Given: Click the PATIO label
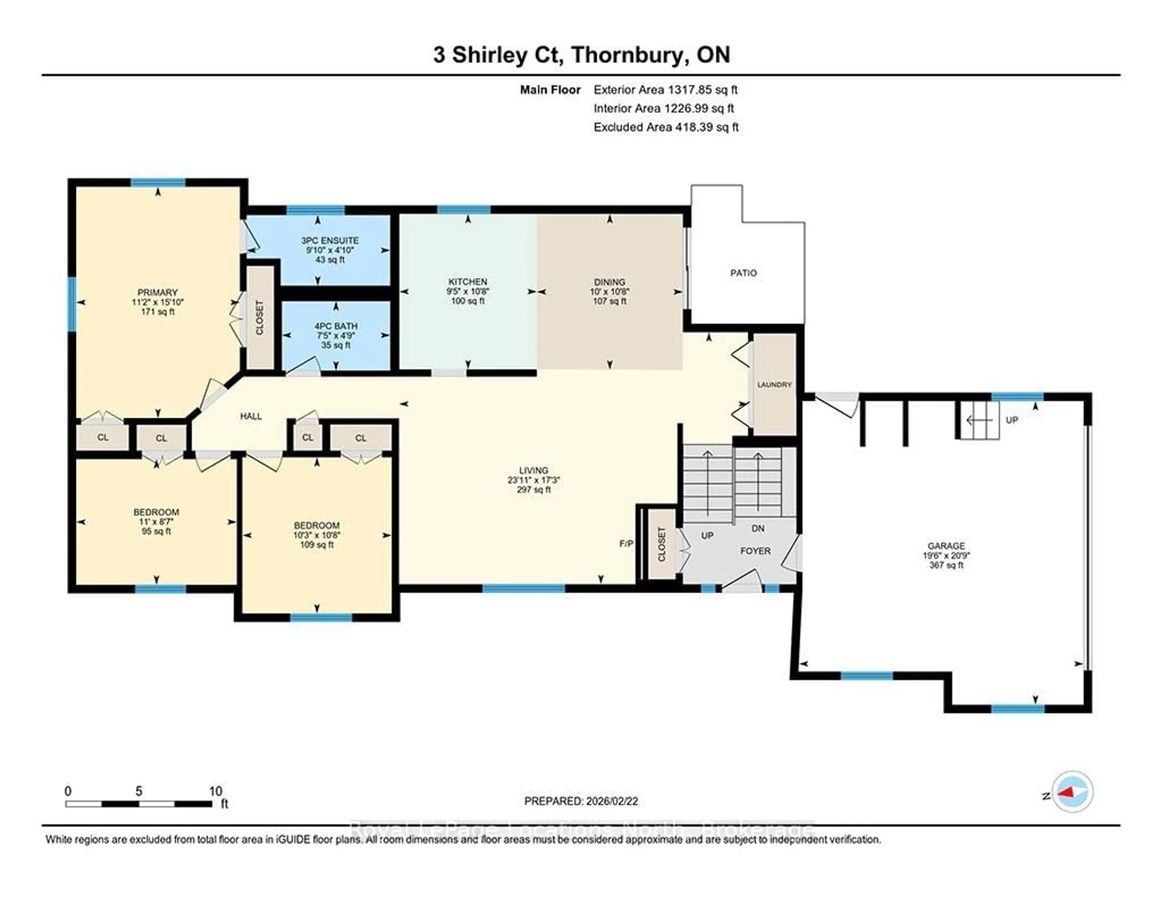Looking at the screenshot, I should tap(743, 273).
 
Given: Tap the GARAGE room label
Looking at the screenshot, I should tap(946, 546).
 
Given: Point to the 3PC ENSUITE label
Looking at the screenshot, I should tap(330, 241).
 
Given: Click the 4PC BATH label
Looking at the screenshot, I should tap(336, 326).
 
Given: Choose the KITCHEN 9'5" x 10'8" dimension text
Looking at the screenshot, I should tap(468, 291).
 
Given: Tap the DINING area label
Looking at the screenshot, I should tap(610, 282).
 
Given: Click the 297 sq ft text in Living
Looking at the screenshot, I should tap(534, 489).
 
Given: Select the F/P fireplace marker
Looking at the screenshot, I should tap(626, 543).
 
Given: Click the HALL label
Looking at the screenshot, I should tap(251, 416).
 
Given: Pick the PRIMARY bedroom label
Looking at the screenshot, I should tap(157, 292).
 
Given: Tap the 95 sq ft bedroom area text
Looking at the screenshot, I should tap(156, 531).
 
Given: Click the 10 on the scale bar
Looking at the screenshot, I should tap(215, 791).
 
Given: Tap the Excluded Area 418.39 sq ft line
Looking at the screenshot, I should tap(666, 127).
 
